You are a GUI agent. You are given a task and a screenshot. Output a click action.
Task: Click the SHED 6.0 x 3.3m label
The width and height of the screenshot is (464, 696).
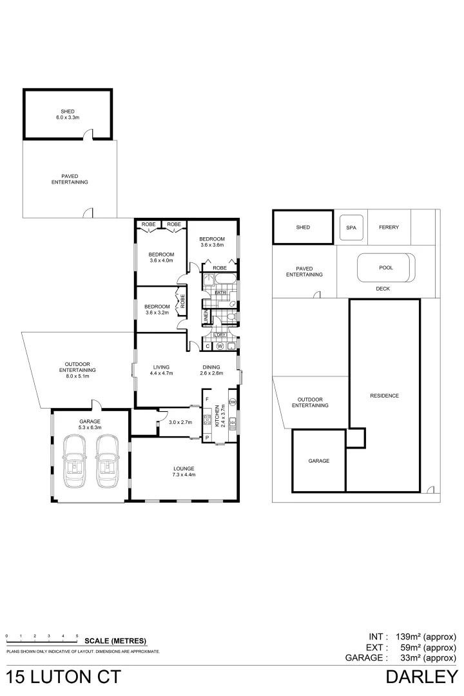tap(68, 114)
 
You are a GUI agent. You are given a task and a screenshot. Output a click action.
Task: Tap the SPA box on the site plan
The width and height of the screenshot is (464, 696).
tap(351, 227)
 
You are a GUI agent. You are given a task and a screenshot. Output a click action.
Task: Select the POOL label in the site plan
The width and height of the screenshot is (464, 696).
tap(385, 267)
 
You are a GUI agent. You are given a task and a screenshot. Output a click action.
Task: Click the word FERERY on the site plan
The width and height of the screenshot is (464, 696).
tap(389, 227)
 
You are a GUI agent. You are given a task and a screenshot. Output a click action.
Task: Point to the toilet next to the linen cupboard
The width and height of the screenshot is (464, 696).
tap(230, 317)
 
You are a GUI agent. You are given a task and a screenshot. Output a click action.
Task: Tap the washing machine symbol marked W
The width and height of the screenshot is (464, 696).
tap(220, 346)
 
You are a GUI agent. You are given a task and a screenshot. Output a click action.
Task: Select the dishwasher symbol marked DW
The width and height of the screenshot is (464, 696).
tap(232, 403)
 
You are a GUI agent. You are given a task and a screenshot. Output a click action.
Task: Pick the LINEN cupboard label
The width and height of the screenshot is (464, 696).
tap(206, 316)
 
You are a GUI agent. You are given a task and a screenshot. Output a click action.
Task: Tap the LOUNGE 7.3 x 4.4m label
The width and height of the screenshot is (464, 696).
tap(184, 471)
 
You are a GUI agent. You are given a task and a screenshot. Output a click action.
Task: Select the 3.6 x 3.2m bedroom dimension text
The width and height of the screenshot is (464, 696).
tap(157, 313)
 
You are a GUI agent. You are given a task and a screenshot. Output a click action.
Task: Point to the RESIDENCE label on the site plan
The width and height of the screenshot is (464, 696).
tap(385, 396)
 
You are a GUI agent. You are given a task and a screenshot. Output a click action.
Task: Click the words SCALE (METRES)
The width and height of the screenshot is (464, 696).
tap(115, 641)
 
